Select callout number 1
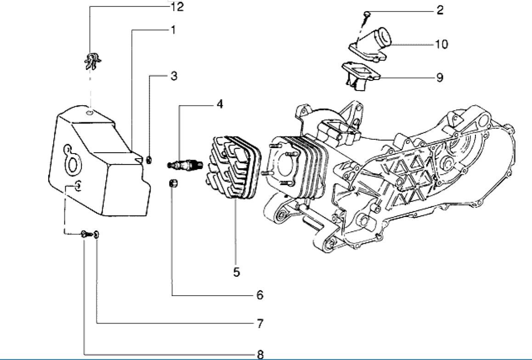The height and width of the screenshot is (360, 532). (173, 30)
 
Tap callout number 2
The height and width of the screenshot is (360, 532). (440, 11)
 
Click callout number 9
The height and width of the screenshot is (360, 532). (440, 77)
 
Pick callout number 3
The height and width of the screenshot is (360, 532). (174, 76)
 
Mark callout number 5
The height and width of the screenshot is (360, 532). (236, 272)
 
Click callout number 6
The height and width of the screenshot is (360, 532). (260, 295)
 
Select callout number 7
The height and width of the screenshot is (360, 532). (260, 324)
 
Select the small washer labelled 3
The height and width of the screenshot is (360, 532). (149, 160)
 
